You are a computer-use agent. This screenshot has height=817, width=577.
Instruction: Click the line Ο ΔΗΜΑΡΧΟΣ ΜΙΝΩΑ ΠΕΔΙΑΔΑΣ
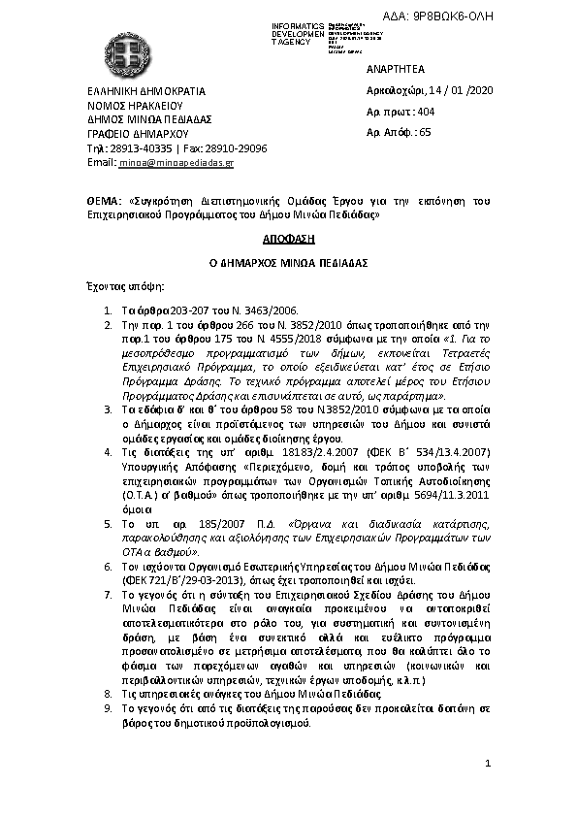(x=289, y=262)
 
